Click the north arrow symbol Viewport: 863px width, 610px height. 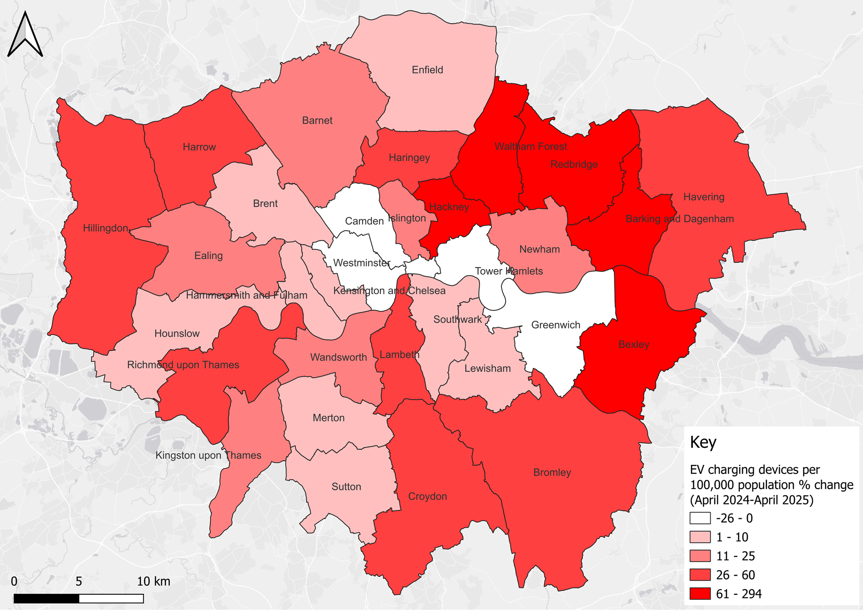pos(25,35)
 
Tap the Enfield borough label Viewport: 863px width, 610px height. pos(427,70)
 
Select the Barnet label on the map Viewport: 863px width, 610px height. pos(317,120)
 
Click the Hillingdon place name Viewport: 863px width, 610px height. pos(106,228)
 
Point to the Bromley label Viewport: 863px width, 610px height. pos(552,473)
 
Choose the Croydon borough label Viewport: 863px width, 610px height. pos(427,496)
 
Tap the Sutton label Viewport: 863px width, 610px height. pos(346,487)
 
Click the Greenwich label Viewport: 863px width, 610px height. pos(556,325)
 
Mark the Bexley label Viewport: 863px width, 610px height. pos(634,345)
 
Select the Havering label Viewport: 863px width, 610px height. pos(704,197)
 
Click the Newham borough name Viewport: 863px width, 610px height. pos(539,249)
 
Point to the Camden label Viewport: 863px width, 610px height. pos(364,221)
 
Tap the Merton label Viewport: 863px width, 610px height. pos(329,418)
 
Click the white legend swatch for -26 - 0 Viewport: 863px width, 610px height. pos(700,518)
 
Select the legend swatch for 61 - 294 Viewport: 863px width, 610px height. pos(700,593)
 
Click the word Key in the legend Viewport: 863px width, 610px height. pos(703,442)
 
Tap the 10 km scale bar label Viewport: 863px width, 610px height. pos(153,581)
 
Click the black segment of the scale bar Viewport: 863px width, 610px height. pos(46,598)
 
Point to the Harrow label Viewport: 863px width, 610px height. pos(199,147)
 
